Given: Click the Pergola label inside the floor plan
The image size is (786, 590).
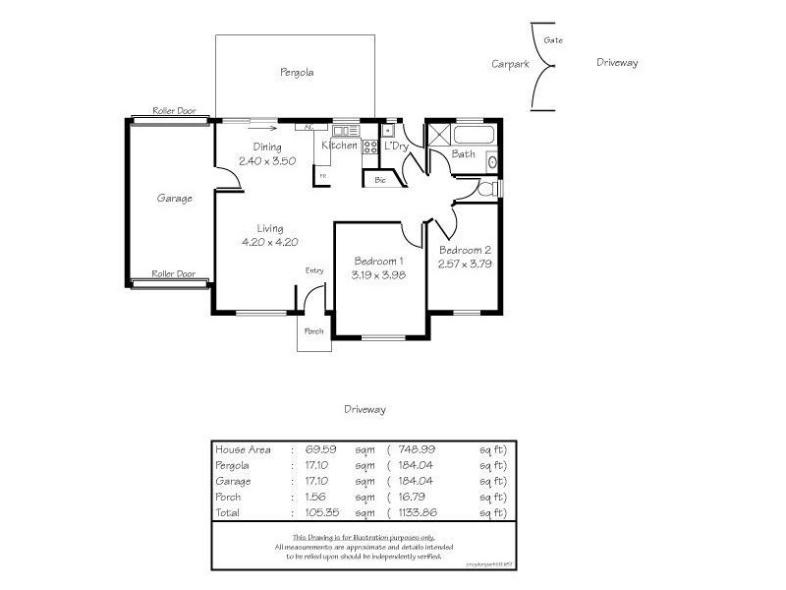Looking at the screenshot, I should [x=296, y=72].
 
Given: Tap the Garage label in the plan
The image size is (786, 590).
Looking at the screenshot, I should [x=174, y=198].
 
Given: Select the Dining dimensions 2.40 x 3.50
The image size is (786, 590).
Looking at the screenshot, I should [x=267, y=160].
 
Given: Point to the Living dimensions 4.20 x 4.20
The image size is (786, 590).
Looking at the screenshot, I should [x=269, y=241].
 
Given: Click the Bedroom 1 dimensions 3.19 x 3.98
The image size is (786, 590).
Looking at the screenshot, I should [x=378, y=275].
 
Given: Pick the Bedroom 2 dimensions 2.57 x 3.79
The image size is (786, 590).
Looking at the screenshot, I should [x=465, y=264].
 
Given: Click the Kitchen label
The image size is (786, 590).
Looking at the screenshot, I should [x=340, y=146].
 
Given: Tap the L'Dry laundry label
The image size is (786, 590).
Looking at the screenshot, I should [x=396, y=147].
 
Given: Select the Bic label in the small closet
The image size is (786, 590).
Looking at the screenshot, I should [x=379, y=180].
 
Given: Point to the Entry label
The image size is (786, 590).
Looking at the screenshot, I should [x=314, y=270].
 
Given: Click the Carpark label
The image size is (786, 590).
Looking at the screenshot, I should [x=510, y=63].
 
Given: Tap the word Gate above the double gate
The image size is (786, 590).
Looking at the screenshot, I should [x=553, y=40].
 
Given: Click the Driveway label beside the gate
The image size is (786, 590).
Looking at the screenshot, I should [x=617, y=63].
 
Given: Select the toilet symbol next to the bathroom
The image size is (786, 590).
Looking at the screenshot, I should [x=488, y=189].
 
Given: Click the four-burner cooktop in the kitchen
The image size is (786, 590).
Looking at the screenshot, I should [x=371, y=148].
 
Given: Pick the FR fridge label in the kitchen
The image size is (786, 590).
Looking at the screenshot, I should [x=320, y=177].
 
